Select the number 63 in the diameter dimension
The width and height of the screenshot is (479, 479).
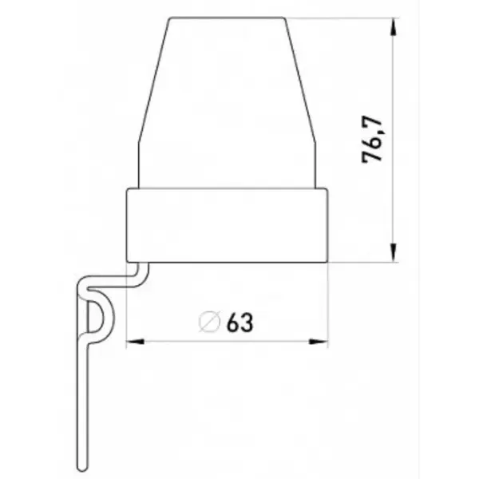click(x=239, y=323)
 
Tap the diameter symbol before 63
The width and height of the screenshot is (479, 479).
click(x=210, y=323)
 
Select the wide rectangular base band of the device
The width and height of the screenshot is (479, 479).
click(x=228, y=225)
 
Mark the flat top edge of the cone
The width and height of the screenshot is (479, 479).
click(x=228, y=17)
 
